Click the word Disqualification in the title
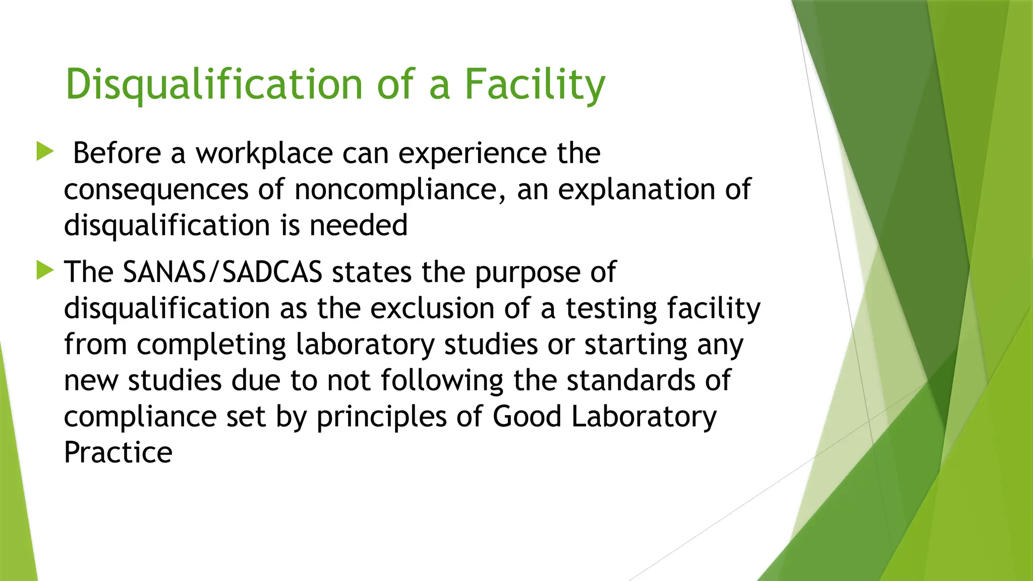tap(214, 85)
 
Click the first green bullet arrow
tap(45, 151)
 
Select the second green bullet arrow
tap(45, 271)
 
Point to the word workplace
tap(264, 154)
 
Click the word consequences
tap(156, 190)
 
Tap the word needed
tap(358, 225)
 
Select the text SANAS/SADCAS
tap(222, 272)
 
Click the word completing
tap(211, 345)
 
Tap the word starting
tap(636, 345)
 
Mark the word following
tap(441, 381)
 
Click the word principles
tap(381, 418)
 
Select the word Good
tap(526, 417)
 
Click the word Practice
tap(118, 452)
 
